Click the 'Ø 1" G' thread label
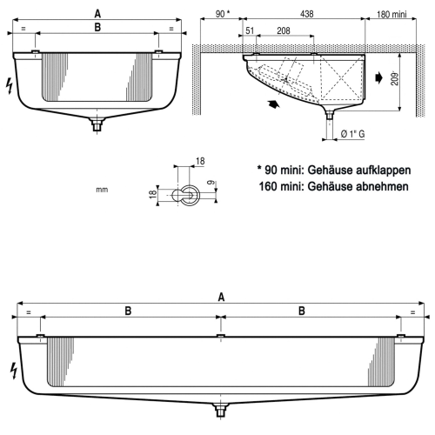coord(358,132)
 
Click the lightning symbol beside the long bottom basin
coord(12,368)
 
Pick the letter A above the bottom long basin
coord(221,298)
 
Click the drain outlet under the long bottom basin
coord(222,410)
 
